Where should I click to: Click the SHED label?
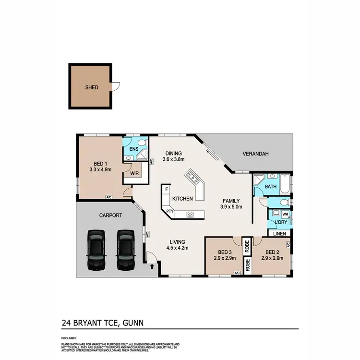(x=92, y=87)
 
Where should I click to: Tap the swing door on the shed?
(x=115, y=87)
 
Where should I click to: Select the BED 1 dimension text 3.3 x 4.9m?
(x=100, y=169)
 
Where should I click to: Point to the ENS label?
(x=134, y=149)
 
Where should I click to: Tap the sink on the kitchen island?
(x=193, y=178)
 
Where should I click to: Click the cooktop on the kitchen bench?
(x=190, y=215)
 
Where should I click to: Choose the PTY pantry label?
(x=169, y=211)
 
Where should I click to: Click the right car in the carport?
(x=126, y=249)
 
